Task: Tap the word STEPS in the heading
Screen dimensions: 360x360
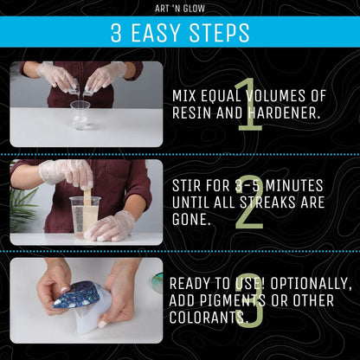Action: [x=220, y=33]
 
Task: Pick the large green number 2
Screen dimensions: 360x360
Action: [x=248, y=202]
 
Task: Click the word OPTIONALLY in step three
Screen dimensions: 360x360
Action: [x=303, y=284]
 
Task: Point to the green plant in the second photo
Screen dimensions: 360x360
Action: [x=23, y=208]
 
